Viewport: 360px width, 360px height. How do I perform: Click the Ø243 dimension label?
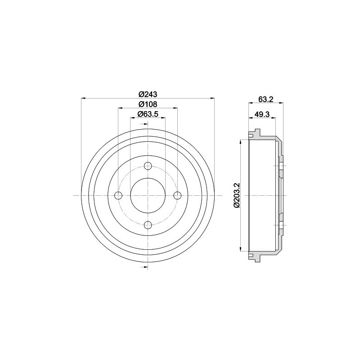coord(148,94)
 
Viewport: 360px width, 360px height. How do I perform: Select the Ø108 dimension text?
coord(148,104)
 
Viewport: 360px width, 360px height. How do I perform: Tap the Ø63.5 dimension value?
coord(148,114)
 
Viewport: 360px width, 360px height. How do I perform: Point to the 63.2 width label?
coord(265,99)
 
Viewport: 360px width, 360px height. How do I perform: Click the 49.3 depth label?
coord(262,114)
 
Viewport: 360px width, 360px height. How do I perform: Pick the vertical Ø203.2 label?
coord(237,195)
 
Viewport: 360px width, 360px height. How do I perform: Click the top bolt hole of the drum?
coord(148,166)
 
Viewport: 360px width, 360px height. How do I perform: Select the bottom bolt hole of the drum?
coord(148,225)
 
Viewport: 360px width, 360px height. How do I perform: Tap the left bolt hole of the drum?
coord(118,195)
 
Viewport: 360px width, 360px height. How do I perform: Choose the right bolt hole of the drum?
coord(177,195)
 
